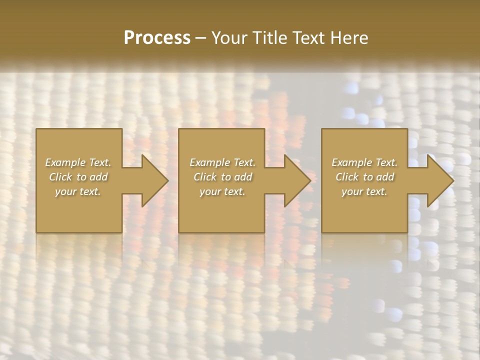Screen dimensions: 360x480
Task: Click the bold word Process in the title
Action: click(157, 38)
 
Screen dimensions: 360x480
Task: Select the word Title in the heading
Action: click(270, 38)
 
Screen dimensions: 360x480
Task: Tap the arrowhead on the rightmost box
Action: click(437, 180)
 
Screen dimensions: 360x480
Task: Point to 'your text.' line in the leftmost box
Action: click(78, 191)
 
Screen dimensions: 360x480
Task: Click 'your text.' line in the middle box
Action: click(222, 191)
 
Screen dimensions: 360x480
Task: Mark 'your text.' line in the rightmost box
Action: click(364, 191)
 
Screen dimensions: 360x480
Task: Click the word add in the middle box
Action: click(242, 177)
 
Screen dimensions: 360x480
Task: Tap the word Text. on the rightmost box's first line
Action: click(386, 162)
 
